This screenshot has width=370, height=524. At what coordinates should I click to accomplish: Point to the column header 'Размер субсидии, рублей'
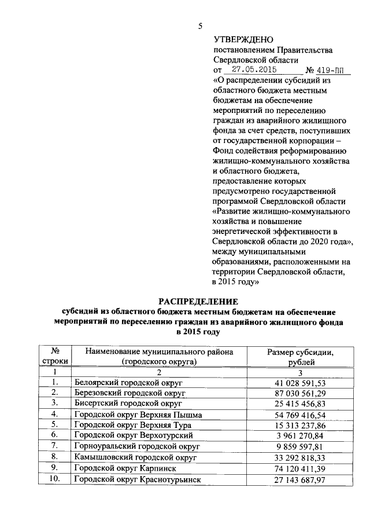click(301, 357)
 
